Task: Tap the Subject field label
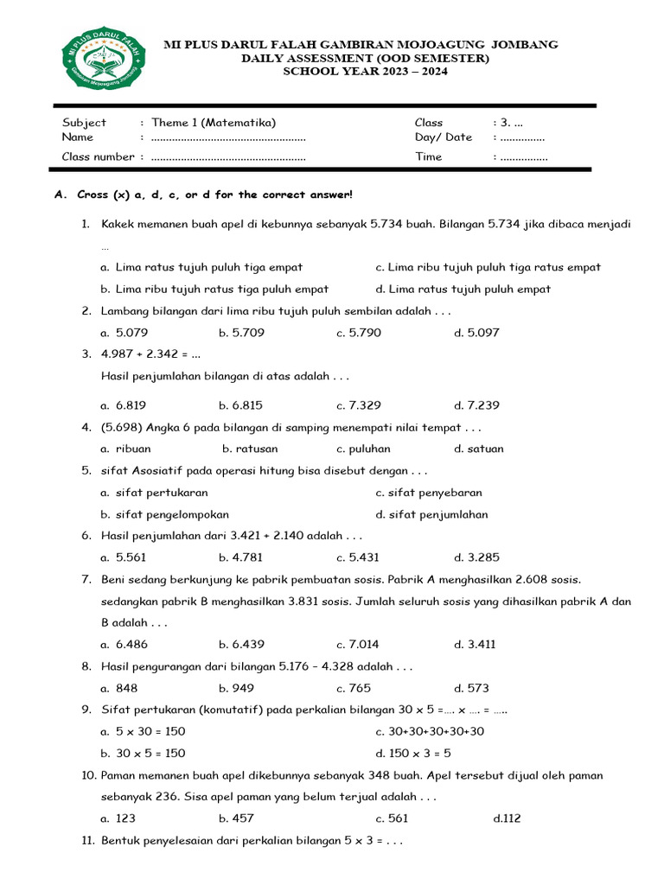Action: click(84, 123)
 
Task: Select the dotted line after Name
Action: click(228, 137)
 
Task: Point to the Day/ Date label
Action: click(443, 137)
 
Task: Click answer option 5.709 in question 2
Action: click(240, 333)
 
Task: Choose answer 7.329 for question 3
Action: click(359, 405)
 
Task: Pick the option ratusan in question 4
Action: click(250, 449)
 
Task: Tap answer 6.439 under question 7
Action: click(240, 644)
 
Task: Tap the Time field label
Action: click(428, 156)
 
